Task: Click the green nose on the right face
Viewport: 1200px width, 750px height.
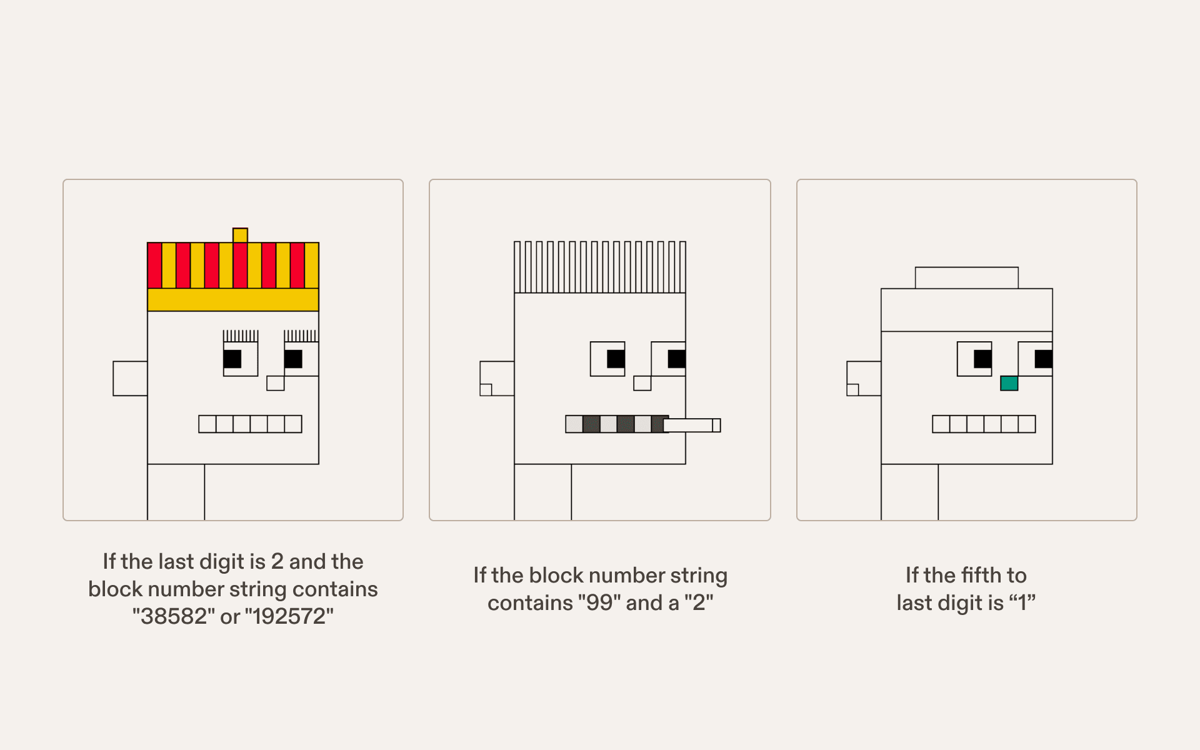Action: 1009,383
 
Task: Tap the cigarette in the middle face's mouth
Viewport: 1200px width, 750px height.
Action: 692,425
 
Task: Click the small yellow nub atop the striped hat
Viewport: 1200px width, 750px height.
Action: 240,236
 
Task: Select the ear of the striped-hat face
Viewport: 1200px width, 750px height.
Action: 130,378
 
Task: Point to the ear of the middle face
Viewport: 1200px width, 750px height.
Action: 497,378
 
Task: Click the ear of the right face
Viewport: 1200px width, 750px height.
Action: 864,378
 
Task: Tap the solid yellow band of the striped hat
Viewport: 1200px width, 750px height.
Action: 233,300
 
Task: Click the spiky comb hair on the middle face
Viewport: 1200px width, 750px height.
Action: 600,267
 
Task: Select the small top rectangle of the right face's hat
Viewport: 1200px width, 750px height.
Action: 967,277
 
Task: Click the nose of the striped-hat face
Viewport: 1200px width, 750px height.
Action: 276,383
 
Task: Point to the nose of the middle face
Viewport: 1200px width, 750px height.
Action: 642,383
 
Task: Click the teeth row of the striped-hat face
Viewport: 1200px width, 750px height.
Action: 250,424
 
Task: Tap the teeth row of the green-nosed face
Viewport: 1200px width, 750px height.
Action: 984,424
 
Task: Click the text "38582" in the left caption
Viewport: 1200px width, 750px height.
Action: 174,616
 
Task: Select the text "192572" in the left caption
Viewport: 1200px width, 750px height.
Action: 289,616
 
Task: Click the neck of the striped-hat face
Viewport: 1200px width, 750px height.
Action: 176,492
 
